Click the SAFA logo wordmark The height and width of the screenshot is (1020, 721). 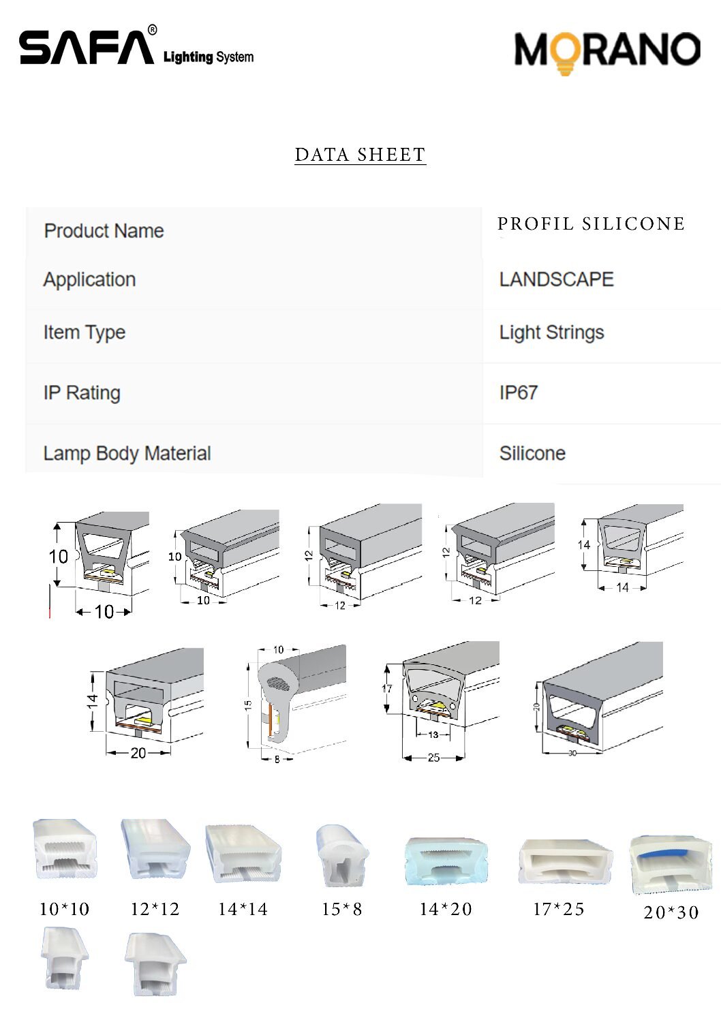(x=87, y=47)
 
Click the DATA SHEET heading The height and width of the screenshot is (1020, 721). (x=360, y=155)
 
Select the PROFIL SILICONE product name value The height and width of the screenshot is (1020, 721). (x=592, y=223)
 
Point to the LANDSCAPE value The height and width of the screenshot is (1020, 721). (x=557, y=279)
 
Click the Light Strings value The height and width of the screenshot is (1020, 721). (x=551, y=333)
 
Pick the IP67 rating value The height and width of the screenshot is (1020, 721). (x=519, y=392)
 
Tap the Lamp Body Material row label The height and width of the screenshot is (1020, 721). (x=127, y=454)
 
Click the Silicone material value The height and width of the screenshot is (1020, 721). (x=532, y=454)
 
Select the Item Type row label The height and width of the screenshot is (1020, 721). (x=85, y=333)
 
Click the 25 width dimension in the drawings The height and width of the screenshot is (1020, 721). (x=433, y=757)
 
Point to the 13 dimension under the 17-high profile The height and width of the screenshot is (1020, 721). (x=433, y=735)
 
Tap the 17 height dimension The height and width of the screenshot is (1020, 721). (x=387, y=688)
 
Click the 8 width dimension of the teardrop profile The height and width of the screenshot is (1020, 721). (x=277, y=759)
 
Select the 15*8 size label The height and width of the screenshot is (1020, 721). (x=342, y=910)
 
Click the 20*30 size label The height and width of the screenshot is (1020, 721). (x=671, y=912)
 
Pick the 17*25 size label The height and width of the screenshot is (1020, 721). (x=558, y=910)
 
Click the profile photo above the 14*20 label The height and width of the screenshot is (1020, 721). (x=446, y=861)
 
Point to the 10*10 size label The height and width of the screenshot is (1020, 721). (x=64, y=910)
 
